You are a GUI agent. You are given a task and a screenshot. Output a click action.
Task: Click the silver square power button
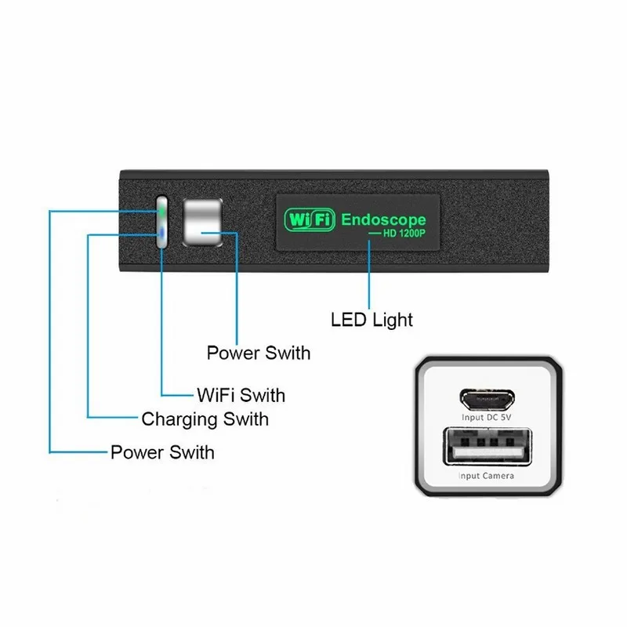[x=202, y=223]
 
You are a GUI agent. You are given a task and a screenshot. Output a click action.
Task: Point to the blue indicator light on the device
[x=161, y=233]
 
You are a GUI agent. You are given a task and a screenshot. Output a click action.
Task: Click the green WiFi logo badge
[x=310, y=220]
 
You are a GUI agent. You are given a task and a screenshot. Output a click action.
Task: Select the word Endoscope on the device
[x=383, y=219]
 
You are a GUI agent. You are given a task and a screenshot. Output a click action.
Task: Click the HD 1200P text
[x=404, y=234]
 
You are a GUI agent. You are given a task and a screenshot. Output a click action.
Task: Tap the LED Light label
[x=371, y=320]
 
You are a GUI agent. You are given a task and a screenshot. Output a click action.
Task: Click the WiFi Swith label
[x=241, y=395]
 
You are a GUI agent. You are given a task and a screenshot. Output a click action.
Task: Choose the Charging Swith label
[x=205, y=420]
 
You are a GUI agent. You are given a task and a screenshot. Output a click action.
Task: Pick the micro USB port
[x=487, y=399]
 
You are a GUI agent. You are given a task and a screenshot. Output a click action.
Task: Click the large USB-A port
[x=487, y=447]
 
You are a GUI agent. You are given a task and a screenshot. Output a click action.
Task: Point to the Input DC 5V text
[x=486, y=418]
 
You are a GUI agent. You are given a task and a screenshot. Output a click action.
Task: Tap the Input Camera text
[x=486, y=476]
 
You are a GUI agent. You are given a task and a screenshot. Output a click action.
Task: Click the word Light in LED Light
[x=393, y=321]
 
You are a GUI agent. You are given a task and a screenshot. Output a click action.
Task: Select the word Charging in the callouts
[x=180, y=420]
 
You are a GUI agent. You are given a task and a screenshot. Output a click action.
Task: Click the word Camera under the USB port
[x=498, y=476]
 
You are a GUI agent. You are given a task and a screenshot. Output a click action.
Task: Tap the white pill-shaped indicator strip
[x=161, y=222]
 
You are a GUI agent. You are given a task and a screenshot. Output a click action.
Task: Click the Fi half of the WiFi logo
[x=323, y=220]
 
